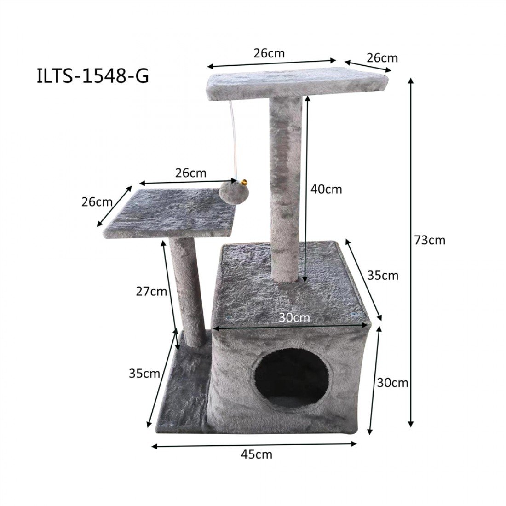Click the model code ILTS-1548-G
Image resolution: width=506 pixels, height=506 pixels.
92,76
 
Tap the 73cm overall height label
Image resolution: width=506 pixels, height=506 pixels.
430,240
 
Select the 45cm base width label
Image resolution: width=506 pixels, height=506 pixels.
257,454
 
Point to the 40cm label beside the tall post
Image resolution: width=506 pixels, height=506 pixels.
327,189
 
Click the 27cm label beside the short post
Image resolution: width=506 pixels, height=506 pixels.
151,291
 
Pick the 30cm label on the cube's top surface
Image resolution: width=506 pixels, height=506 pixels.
294,317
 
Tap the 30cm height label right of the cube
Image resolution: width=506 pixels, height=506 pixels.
392,382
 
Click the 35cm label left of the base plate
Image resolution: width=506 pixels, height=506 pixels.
144,373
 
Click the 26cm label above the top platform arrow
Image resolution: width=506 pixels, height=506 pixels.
269,53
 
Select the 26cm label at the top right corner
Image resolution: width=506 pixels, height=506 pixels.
382,58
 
